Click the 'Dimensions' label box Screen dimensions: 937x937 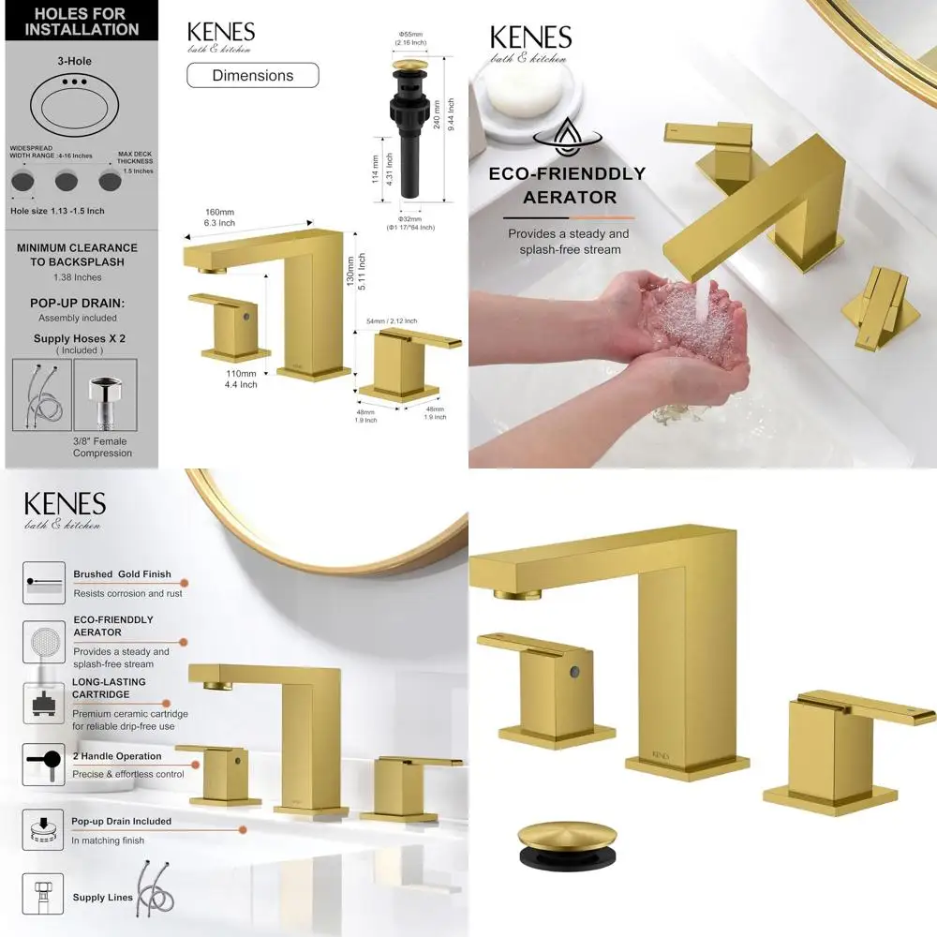(252, 75)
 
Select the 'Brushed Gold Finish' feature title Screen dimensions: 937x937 (122, 574)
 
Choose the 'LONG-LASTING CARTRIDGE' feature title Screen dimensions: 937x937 (110, 689)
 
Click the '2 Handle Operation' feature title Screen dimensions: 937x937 (117, 756)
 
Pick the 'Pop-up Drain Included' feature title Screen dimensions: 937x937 (122, 822)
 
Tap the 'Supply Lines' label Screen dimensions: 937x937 (103, 898)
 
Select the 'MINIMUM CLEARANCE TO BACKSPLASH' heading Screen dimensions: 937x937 (77, 254)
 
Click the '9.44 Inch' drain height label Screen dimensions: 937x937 (450, 106)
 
